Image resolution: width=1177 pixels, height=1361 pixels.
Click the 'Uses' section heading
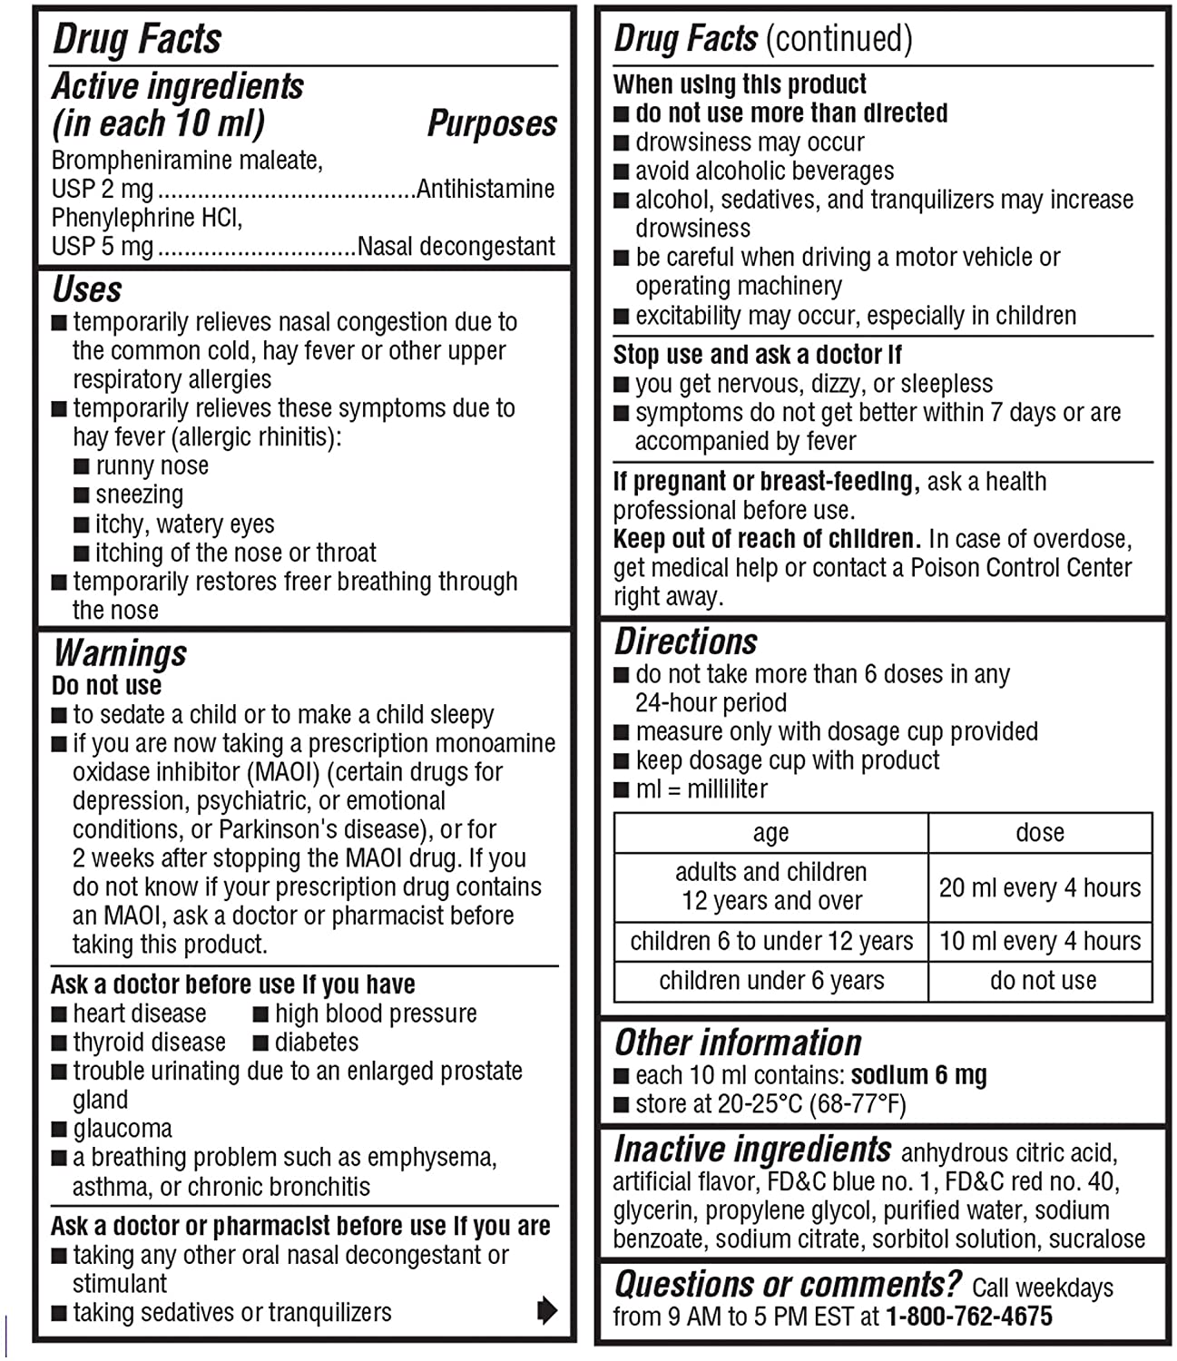[87, 289]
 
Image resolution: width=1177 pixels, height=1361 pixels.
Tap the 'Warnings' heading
[120, 652]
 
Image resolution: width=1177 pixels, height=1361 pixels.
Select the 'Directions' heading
[686, 641]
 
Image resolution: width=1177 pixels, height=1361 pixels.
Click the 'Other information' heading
[738, 1043]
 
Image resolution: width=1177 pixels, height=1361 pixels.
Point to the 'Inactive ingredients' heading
[752, 1150]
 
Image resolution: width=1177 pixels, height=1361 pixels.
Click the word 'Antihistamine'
[486, 189]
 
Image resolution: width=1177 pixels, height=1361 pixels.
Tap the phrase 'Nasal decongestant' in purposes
[456, 246]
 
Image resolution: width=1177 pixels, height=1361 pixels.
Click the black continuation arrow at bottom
[547, 1310]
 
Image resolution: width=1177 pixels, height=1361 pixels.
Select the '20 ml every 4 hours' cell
[1040, 887]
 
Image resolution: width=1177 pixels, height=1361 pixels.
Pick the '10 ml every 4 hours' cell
[1040, 941]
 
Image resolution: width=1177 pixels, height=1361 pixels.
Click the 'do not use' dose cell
[1043, 980]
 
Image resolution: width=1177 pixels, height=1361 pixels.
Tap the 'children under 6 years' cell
[771, 980]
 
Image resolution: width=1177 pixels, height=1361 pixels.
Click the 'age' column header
[771, 832]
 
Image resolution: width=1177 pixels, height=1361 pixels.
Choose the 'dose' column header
[1040, 832]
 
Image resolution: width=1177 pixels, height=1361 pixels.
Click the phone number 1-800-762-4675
[969, 1316]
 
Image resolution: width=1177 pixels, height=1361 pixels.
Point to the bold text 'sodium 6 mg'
[918, 1075]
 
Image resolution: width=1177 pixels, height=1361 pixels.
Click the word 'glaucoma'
[123, 1129]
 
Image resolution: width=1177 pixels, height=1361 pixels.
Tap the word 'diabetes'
[317, 1042]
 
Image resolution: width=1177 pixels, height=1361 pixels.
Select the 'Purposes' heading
[492, 124]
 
